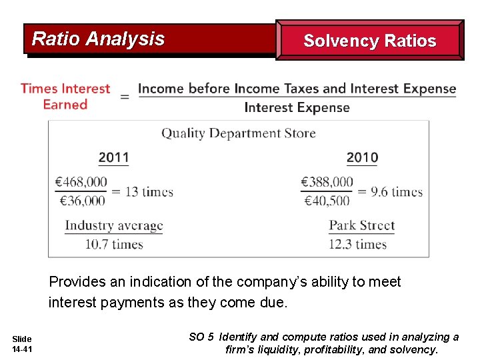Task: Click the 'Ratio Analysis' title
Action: click(98, 39)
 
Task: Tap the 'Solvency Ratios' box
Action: click(369, 41)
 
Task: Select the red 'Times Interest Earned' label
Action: click(65, 97)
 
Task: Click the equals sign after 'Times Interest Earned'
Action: click(125, 97)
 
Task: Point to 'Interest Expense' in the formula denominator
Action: click(297, 108)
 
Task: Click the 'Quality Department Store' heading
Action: click(239, 133)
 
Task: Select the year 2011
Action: click(114, 158)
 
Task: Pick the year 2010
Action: click(362, 158)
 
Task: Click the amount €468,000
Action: click(81, 182)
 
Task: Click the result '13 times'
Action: click(149, 192)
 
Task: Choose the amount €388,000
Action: click(327, 182)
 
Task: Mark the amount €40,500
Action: click(327, 200)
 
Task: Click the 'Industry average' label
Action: click(114, 226)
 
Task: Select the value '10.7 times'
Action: click(114, 244)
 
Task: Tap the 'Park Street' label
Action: click(362, 226)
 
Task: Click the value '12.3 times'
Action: click(358, 244)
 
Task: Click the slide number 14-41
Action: click(22, 349)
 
